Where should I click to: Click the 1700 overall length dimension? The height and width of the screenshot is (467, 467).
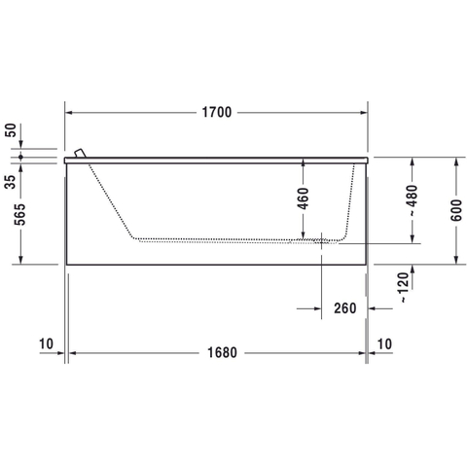pyautogui.click(x=217, y=112)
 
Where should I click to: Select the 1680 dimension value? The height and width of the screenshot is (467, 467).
pyautogui.click(x=222, y=352)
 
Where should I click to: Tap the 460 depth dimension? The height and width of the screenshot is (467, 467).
pyautogui.click(x=304, y=198)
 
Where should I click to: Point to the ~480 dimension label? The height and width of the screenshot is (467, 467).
pyautogui.click(x=413, y=200)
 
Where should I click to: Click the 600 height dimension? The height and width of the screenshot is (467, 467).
pyautogui.click(x=456, y=210)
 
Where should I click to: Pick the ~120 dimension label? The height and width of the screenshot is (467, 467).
pyautogui.click(x=403, y=288)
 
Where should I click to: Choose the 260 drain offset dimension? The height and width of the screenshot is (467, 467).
pyautogui.click(x=345, y=308)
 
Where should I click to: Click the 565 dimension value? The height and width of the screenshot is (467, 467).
pyautogui.click(x=19, y=214)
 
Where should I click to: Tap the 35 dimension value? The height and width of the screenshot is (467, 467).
pyautogui.click(x=10, y=182)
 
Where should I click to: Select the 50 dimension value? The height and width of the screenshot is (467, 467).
pyautogui.click(x=10, y=130)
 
